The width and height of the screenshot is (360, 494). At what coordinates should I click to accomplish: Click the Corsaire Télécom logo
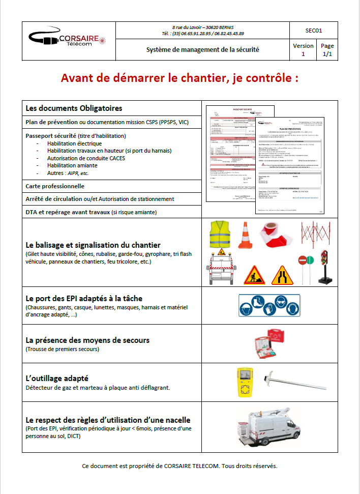point(68,40)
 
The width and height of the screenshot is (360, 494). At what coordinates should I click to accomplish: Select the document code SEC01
point(314,31)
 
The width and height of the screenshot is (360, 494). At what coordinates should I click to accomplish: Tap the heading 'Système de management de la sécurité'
point(203,50)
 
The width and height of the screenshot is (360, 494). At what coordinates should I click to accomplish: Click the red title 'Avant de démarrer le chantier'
point(179,78)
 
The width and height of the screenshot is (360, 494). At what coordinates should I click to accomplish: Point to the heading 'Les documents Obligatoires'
point(74,108)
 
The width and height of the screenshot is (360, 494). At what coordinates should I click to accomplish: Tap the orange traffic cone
point(245,235)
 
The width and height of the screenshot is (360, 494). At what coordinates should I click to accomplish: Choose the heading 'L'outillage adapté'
point(57,379)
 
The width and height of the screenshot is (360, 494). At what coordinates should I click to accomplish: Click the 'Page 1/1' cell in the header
point(327,50)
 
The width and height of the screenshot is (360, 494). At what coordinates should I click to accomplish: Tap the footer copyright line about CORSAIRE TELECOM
point(179,466)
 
